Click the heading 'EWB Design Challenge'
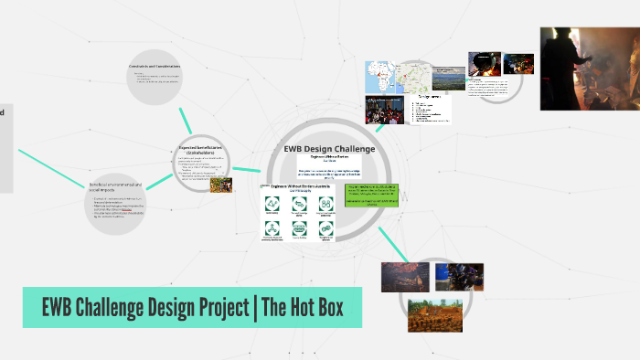[328, 149]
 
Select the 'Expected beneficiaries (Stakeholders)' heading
[200, 150]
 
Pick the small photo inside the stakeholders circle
[220, 184]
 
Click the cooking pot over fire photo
[485, 63]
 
